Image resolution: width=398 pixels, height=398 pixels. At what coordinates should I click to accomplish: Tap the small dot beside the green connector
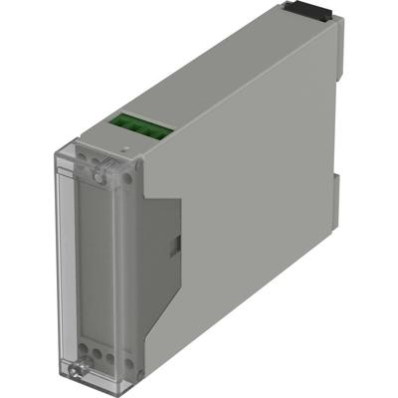pos(123,146)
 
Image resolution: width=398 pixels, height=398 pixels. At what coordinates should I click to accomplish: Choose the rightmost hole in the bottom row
pos(107,353)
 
